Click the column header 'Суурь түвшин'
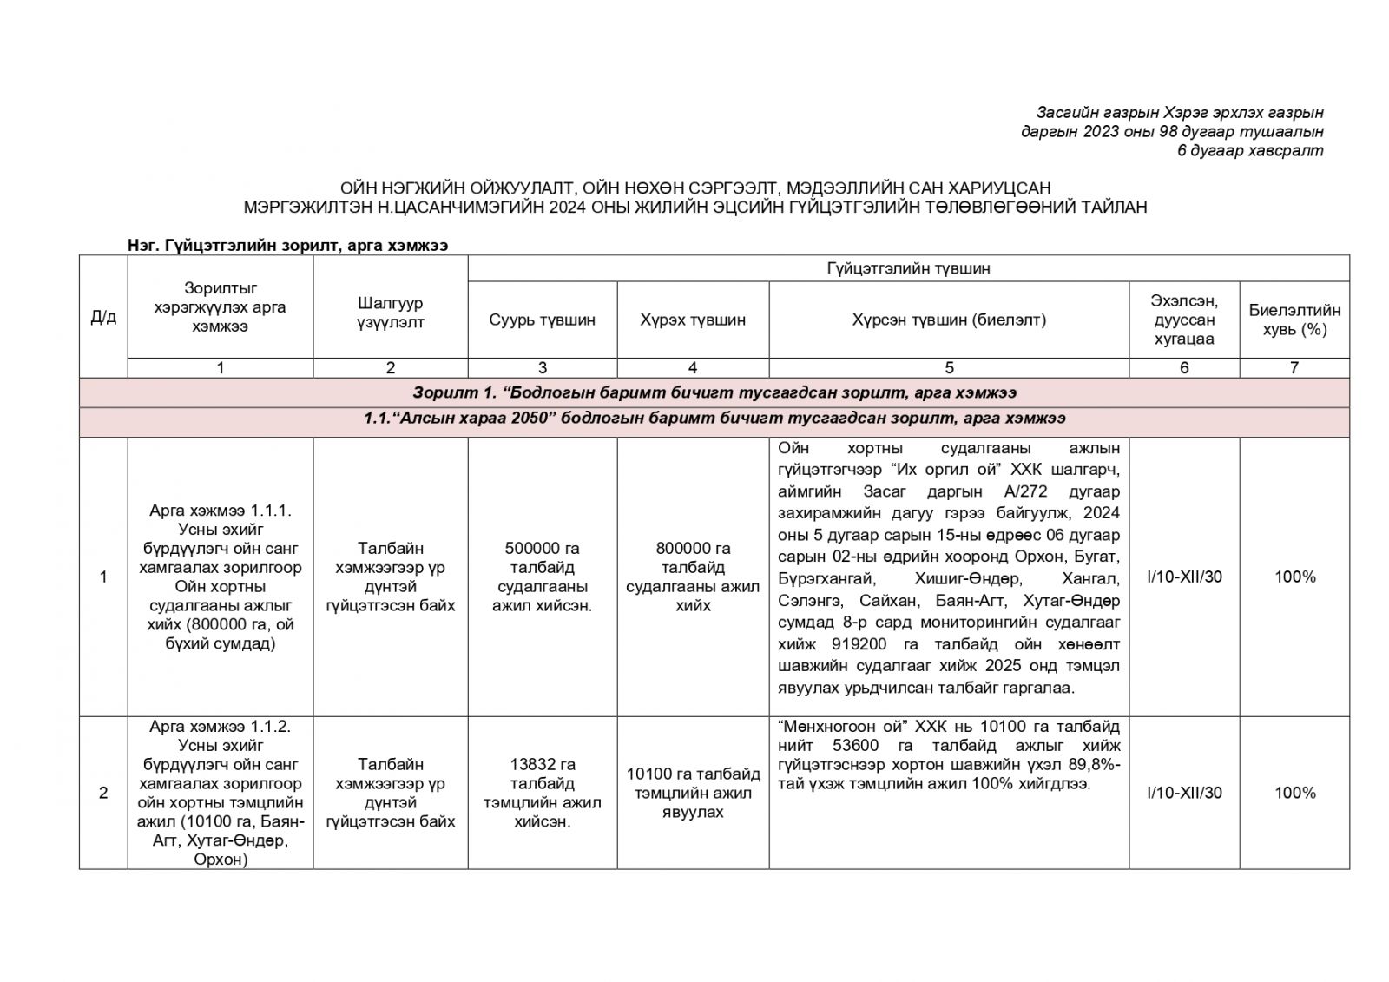[x=542, y=320]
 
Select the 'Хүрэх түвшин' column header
[x=692, y=320]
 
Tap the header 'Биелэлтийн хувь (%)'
[x=1294, y=320]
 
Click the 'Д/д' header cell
[x=103, y=317]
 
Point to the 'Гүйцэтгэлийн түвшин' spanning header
[x=907, y=268]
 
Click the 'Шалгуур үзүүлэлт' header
[x=390, y=313]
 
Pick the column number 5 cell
[x=948, y=367]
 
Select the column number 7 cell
[x=1294, y=367]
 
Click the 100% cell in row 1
[x=1294, y=577]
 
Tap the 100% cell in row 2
[x=1294, y=792]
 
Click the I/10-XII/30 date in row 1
[x=1183, y=577]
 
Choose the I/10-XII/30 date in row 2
[x=1183, y=792]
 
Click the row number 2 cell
[x=103, y=792]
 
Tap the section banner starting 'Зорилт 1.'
[x=714, y=392]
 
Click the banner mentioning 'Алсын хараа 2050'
[x=714, y=419]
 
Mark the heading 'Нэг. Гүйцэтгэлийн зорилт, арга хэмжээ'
[x=288, y=246]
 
